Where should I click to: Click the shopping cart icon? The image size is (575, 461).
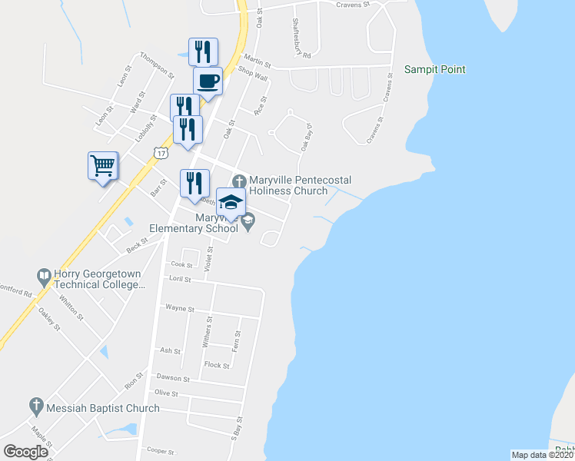point(103,165)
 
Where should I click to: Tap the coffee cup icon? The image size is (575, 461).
point(208,79)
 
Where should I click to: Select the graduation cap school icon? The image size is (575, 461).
point(231,203)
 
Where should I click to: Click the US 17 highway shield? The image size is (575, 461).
point(160,153)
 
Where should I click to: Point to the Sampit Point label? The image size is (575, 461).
point(435,70)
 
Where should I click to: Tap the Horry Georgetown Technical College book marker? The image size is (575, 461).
point(45,274)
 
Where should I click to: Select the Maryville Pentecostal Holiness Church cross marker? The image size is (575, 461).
point(238,181)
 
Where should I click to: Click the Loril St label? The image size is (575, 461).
point(181,280)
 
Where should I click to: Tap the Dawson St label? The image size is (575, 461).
point(173,378)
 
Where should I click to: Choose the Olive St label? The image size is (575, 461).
point(166,393)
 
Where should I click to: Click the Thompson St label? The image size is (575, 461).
point(158,66)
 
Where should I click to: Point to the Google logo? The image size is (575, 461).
point(26,451)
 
